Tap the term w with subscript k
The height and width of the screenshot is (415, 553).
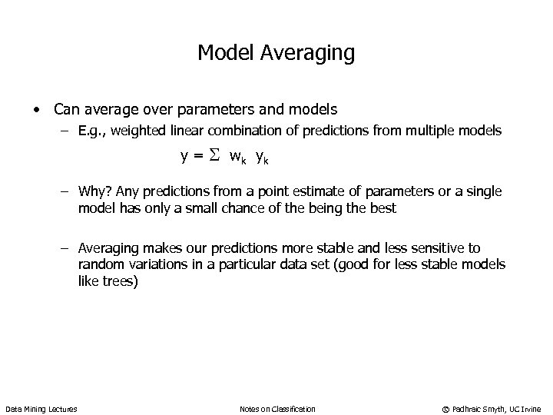click(x=237, y=158)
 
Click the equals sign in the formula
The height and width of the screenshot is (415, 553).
click(x=197, y=158)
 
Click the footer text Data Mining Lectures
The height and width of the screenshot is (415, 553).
click(x=41, y=408)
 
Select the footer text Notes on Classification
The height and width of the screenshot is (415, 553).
click(x=277, y=408)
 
